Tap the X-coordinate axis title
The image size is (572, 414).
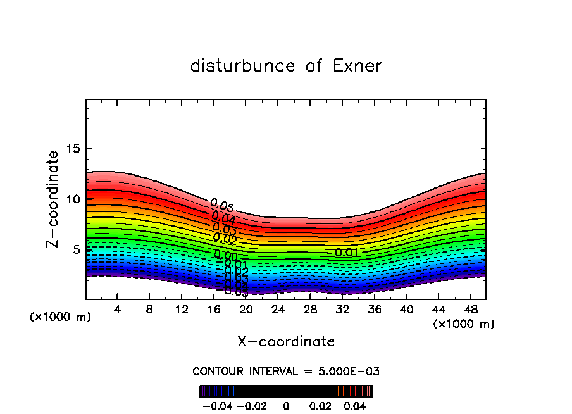(x=286, y=342)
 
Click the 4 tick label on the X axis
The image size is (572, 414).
(x=118, y=310)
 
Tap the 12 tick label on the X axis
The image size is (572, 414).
(x=182, y=310)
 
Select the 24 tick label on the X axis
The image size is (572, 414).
(x=278, y=310)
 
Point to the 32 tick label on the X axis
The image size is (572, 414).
(x=342, y=310)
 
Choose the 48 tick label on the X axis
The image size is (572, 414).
(x=470, y=310)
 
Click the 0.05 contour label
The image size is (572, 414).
(x=222, y=206)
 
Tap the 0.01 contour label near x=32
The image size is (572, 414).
(x=346, y=253)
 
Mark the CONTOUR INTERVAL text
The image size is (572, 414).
(x=286, y=371)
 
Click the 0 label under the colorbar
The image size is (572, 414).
(x=286, y=405)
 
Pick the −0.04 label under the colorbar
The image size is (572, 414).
(x=216, y=405)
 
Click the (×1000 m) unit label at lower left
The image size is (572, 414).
(x=60, y=317)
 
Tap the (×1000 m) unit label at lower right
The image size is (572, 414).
(x=464, y=324)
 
